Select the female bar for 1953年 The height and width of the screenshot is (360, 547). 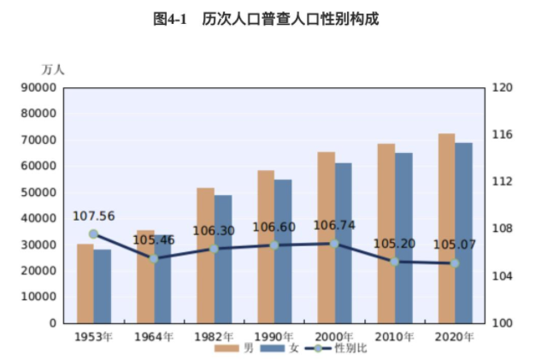pyautogui.click(x=103, y=286)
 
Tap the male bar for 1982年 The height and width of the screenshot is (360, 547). pyautogui.click(x=205, y=256)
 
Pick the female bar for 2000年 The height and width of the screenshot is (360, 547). pyautogui.click(x=343, y=243)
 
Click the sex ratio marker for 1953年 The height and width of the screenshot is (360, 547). pyautogui.click(x=94, y=234)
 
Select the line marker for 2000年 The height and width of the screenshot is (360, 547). pyautogui.click(x=334, y=244)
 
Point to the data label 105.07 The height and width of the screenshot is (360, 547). pyautogui.click(x=454, y=245)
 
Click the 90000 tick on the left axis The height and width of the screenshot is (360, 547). pyautogui.click(x=39, y=87)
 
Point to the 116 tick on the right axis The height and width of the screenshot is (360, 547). pyautogui.click(x=502, y=135)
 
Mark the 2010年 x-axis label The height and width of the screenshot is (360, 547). pyautogui.click(x=394, y=336)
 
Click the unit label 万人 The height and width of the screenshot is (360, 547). pyautogui.click(x=53, y=68)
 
